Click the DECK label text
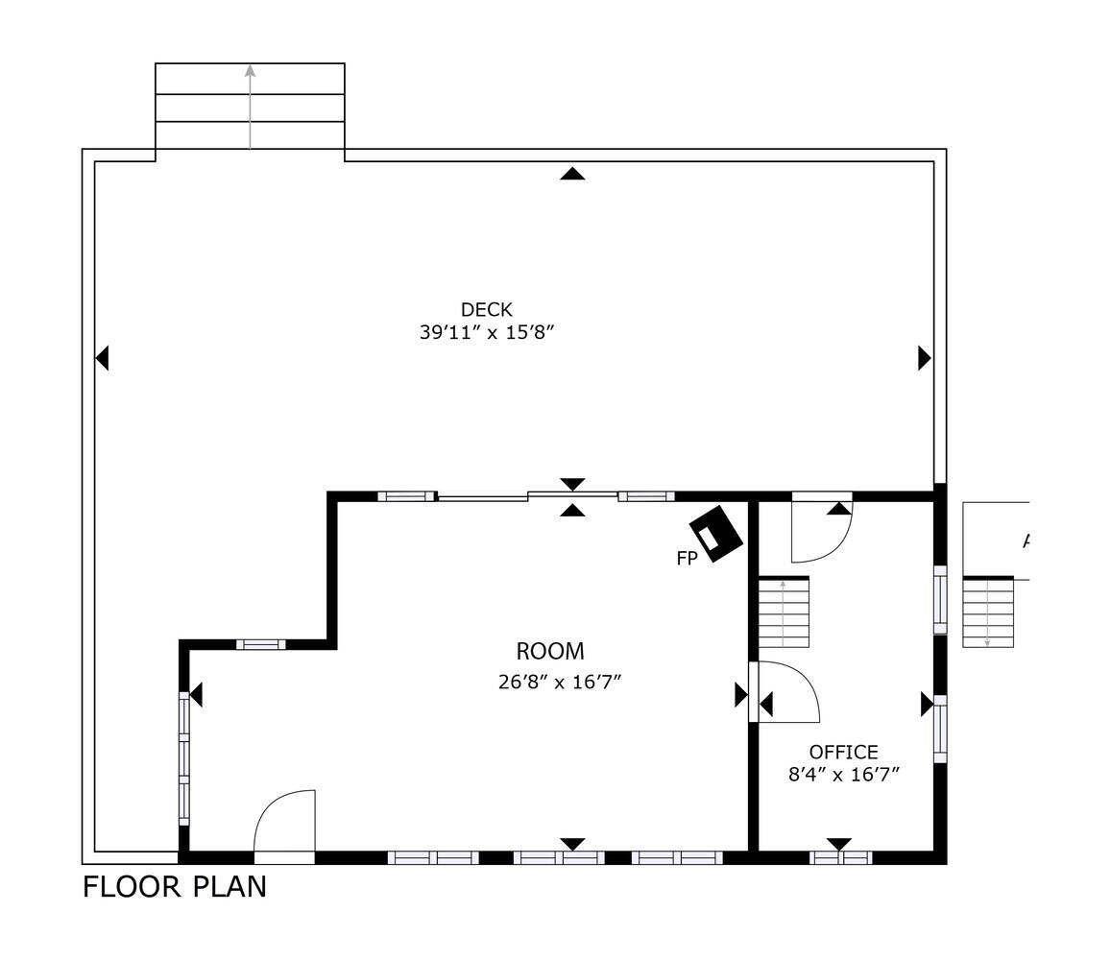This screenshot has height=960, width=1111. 486,309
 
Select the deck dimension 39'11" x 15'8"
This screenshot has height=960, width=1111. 488,333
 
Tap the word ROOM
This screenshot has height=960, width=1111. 549,652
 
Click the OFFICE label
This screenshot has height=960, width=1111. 843,752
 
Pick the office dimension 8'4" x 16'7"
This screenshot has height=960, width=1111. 843,775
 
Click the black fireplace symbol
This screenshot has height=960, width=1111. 716,535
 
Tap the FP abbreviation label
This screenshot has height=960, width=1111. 687,559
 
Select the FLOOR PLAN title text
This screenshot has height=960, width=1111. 174,886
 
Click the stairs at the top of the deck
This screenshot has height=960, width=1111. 250,106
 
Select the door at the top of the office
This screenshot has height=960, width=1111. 820,530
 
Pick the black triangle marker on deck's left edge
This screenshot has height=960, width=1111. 103,358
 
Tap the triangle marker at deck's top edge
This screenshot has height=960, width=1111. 572,174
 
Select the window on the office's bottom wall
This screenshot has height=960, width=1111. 841,857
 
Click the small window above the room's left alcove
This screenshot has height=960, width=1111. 260,644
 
